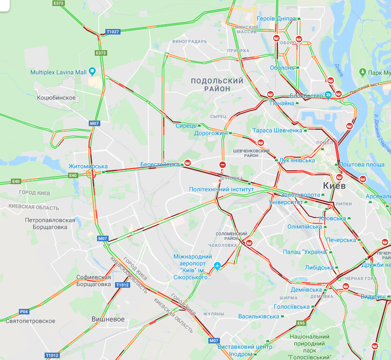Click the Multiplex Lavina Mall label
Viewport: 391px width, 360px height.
pos(58,72)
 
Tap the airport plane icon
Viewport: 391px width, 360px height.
pos(218,266)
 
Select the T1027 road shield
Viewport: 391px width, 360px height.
pos(112,32)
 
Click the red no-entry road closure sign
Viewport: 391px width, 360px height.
pos(223,165)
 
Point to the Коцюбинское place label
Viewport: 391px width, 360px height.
pos(56,98)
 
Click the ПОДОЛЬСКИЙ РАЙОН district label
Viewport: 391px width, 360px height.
pos(217,85)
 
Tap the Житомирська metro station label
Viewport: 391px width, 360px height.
pos(88,166)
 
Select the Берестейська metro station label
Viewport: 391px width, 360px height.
pos(160,164)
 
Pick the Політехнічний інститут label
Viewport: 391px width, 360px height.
pos(221,189)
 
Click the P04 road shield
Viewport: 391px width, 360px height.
pos(24,312)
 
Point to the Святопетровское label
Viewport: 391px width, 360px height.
pos(30,321)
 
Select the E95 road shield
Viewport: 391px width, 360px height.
pos(301,323)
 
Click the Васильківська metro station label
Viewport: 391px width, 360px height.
pos(259,316)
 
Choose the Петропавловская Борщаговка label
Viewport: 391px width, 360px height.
pos(50,224)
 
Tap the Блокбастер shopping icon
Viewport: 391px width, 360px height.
pos(328,95)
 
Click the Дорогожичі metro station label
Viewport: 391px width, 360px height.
pos(211,133)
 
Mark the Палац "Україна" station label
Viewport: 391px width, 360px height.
pos(305,252)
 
